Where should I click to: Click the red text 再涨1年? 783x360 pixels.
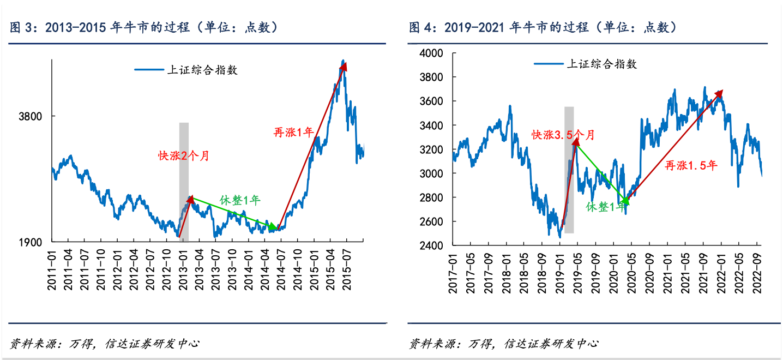click(x=293, y=131)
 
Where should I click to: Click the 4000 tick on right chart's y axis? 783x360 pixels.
click(x=432, y=53)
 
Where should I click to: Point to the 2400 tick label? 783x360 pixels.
click(x=432, y=245)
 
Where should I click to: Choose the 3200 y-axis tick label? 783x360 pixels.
click(x=432, y=149)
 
